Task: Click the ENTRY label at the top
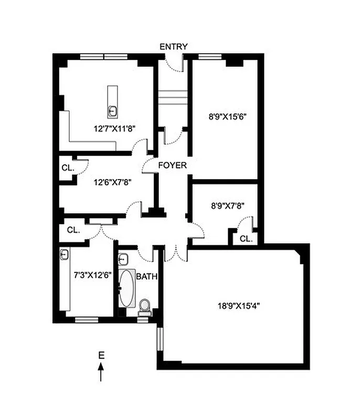click(x=173, y=47)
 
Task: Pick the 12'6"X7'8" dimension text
click(x=112, y=182)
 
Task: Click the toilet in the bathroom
click(x=144, y=306)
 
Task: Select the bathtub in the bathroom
click(x=126, y=288)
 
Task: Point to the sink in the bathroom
click(x=123, y=258)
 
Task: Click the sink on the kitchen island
click(x=112, y=111)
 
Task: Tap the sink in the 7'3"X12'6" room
click(x=65, y=255)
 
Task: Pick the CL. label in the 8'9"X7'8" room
click(x=246, y=238)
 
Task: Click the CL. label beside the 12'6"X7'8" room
click(x=67, y=169)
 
